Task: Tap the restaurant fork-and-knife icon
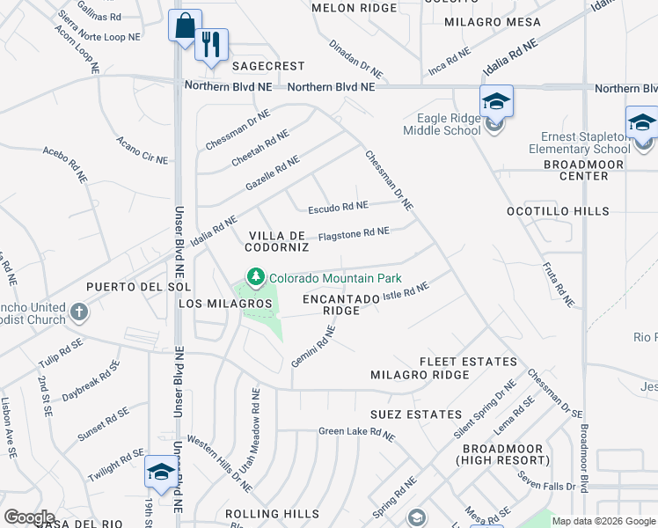click(211, 45)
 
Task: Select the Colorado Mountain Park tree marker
click(256, 277)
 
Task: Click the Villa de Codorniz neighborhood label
click(276, 241)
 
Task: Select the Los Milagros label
click(224, 304)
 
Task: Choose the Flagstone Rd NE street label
click(353, 234)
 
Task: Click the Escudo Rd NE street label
click(338, 208)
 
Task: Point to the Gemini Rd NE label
click(314, 347)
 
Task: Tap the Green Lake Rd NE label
click(357, 432)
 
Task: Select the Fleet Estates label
click(468, 362)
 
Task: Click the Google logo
click(29, 517)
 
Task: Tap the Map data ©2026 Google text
click(603, 521)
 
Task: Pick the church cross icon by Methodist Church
click(79, 312)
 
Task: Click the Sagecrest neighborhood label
click(267, 66)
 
